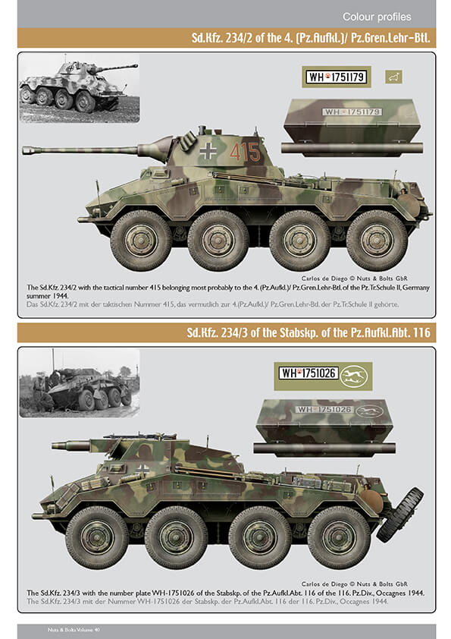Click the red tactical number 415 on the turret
pyautogui.click(x=245, y=152)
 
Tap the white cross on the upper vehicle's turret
pyautogui.click(x=208, y=151)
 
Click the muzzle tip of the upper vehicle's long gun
pyautogui.click(x=24, y=150)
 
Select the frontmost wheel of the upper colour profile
pyautogui.click(x=141, y=241)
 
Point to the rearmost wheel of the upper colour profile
pyautogui.click(x=377, y=241)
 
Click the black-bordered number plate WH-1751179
pyautogui.click(x=337, y=77)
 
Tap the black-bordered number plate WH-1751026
pyautogui.click(x=308, y=373)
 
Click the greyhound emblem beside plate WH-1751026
pyautogui.click(x=353, y=376)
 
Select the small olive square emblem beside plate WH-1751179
pyautogui.click(x=393, y=77)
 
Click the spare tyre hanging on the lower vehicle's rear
pyautogui.click(x=400, y=515)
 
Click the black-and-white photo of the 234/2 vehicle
pyautogui.click(x=80, y=88)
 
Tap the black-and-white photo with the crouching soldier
pyautogui.click(x=80, y=382)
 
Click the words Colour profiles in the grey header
pyautogui.click(x=377, y=17)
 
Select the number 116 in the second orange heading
pyautogui.click(x=421, y=332)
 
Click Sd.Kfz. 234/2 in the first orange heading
pyautogui.click(x=222, y=38)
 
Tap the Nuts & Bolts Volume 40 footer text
pyautogui.click(x=74, y=630)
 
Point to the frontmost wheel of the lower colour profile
pyautogui.click(x=97, y=537)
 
